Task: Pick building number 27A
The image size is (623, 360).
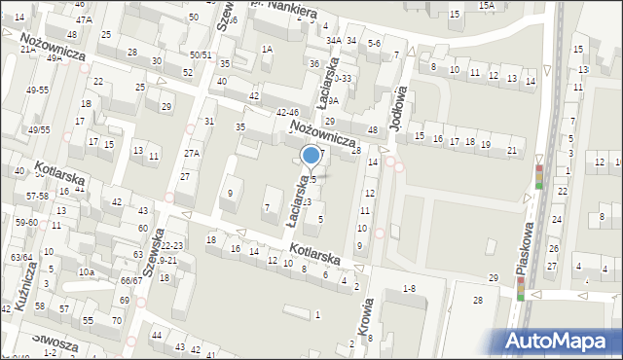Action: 192,154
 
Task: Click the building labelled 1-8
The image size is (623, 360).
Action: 409,288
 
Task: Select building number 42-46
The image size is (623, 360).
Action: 287,114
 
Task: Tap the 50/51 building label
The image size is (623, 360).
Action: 201,55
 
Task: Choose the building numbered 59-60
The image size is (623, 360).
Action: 25,222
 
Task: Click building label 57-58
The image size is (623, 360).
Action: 38,197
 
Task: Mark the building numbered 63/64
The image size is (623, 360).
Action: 21,258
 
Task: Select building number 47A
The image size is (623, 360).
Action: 84,19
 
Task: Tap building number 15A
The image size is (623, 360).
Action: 486,5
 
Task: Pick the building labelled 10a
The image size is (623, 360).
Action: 87,271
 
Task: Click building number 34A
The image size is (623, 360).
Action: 334,41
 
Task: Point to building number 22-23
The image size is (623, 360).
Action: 171,245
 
